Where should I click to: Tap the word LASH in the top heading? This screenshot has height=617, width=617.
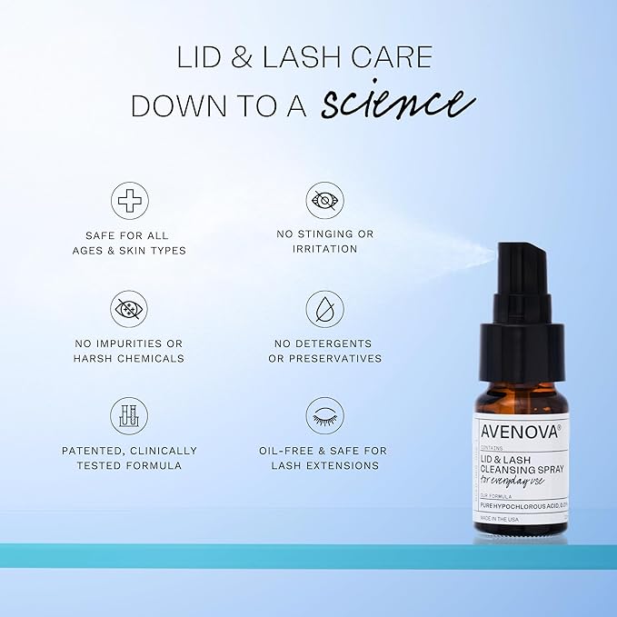[312, 58]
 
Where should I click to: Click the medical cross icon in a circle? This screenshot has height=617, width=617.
[129, 201]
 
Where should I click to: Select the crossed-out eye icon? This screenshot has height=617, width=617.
[324, 201]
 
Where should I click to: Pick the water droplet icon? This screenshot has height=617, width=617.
[324, 309]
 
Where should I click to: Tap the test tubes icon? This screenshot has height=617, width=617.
[129, 415]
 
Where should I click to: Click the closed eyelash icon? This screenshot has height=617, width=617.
[324, 415]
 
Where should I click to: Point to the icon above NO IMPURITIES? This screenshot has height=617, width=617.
[129, 309]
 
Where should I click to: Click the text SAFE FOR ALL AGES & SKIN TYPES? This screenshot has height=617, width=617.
[129, 242]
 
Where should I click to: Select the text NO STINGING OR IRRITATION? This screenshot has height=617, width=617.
[324, 242]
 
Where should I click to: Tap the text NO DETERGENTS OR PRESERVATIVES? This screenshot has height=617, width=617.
[324, 351]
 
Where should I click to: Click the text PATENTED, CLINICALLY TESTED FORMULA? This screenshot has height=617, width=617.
[129, 458]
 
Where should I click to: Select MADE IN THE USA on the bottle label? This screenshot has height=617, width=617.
[503, 519]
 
